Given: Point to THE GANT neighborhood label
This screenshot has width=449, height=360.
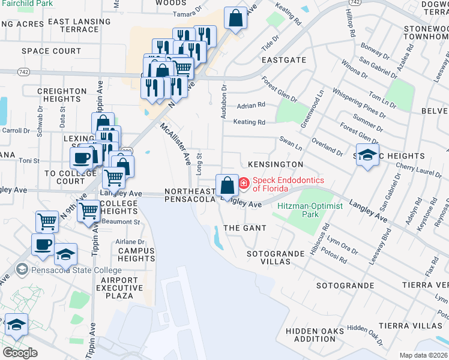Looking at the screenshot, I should [244, 229].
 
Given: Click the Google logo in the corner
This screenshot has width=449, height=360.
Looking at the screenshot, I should [20, 353].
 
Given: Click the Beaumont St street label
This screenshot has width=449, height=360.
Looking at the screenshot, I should [124, 222].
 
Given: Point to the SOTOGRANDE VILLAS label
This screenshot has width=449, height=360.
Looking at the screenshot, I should [276, 258].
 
